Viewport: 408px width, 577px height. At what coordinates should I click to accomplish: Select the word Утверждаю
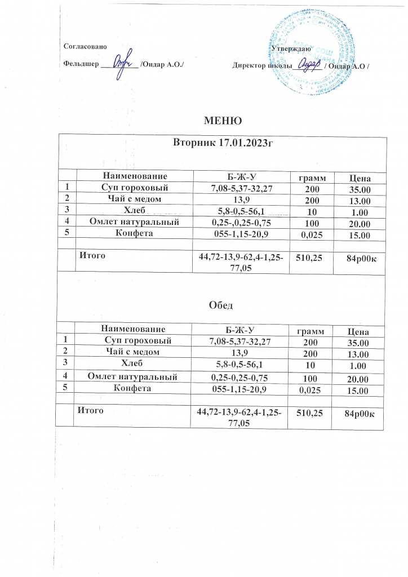point(289,49)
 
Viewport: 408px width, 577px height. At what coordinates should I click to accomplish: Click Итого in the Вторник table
point(91,255)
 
